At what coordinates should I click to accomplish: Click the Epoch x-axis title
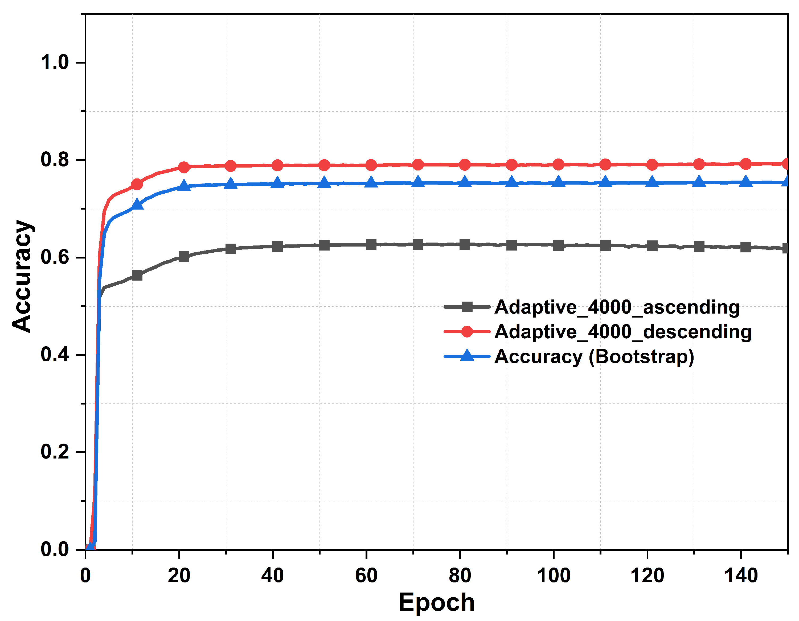(x=436, y=602)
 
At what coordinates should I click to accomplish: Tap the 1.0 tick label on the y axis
(x=55, y=62)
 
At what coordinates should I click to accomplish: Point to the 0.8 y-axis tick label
(x=55, y=160)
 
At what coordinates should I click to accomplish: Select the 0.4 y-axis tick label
(x=55, y=355)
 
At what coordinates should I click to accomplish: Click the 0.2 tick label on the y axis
(x=55, y=452)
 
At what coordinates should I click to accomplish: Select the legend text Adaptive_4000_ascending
(x=617, y=307)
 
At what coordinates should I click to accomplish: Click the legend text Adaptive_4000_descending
(x=623, y=332)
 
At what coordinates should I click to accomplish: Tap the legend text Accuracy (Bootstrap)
(x=594, y=356)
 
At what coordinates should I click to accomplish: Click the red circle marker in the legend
(x=467, y=332)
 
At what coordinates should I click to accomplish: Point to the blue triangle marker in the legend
(x=467, y=355)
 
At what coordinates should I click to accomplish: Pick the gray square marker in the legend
(x=467, y=307)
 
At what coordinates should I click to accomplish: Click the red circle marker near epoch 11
(x=137, y=184)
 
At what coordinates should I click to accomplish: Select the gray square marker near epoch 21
(x=184, y=257)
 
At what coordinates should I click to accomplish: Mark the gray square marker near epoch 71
(x=418, y=244)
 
